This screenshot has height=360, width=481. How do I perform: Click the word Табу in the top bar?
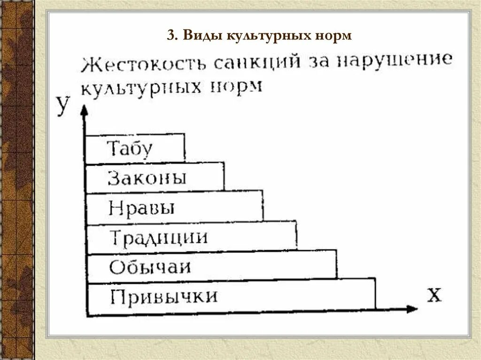coord(130,149)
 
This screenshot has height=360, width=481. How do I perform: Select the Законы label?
coord(147,178)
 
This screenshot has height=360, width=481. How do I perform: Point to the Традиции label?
coord(159,237)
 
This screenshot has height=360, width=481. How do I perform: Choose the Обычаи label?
coord(150,267)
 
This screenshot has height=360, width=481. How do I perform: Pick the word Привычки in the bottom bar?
coord(164,297)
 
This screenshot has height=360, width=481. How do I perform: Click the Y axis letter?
coord(63,105)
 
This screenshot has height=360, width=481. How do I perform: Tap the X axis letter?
coord(435,294)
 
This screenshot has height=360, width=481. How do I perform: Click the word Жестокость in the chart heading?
coord(143,65)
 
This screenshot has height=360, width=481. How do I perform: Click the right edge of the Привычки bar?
coord(375,294)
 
